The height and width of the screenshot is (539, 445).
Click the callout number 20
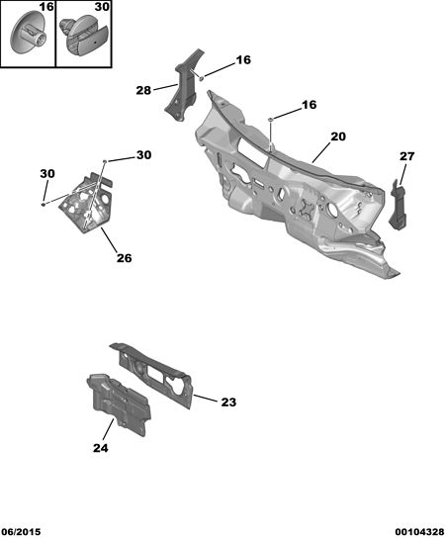coord(338,136)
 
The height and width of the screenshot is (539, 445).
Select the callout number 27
coord(406,156)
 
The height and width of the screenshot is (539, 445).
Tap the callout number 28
coord(143,90)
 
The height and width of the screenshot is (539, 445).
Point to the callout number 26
coord(124,258)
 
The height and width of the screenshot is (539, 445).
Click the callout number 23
coord(228,402)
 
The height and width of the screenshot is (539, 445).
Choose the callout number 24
coord(100,448)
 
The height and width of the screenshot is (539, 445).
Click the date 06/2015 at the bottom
coord(21,532)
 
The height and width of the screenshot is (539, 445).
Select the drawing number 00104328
coord(419,532)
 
